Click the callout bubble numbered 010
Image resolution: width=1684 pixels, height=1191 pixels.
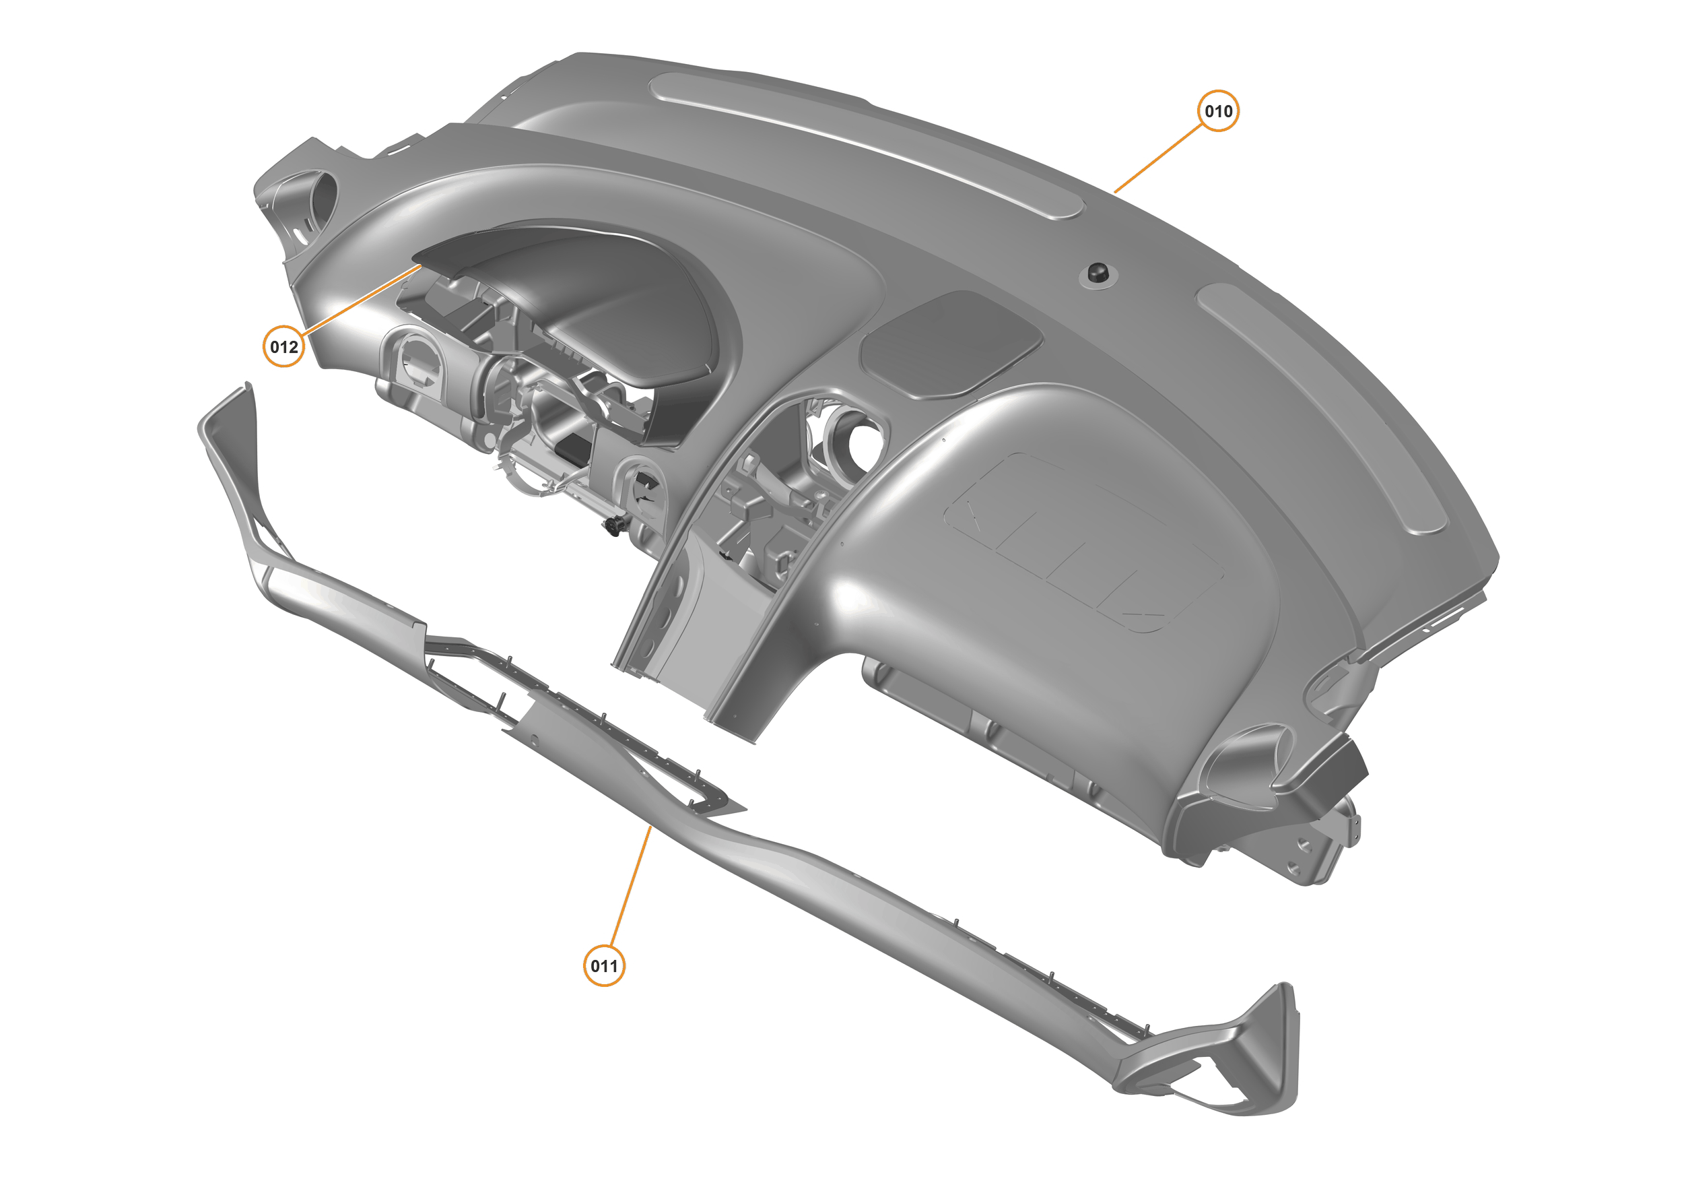(1217, 110)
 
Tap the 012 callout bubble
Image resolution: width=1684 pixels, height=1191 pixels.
(284, 346)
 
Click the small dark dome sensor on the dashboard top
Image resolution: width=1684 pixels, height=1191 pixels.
(1098, 272)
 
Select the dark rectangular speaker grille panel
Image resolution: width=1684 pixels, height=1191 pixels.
(950, 343)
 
